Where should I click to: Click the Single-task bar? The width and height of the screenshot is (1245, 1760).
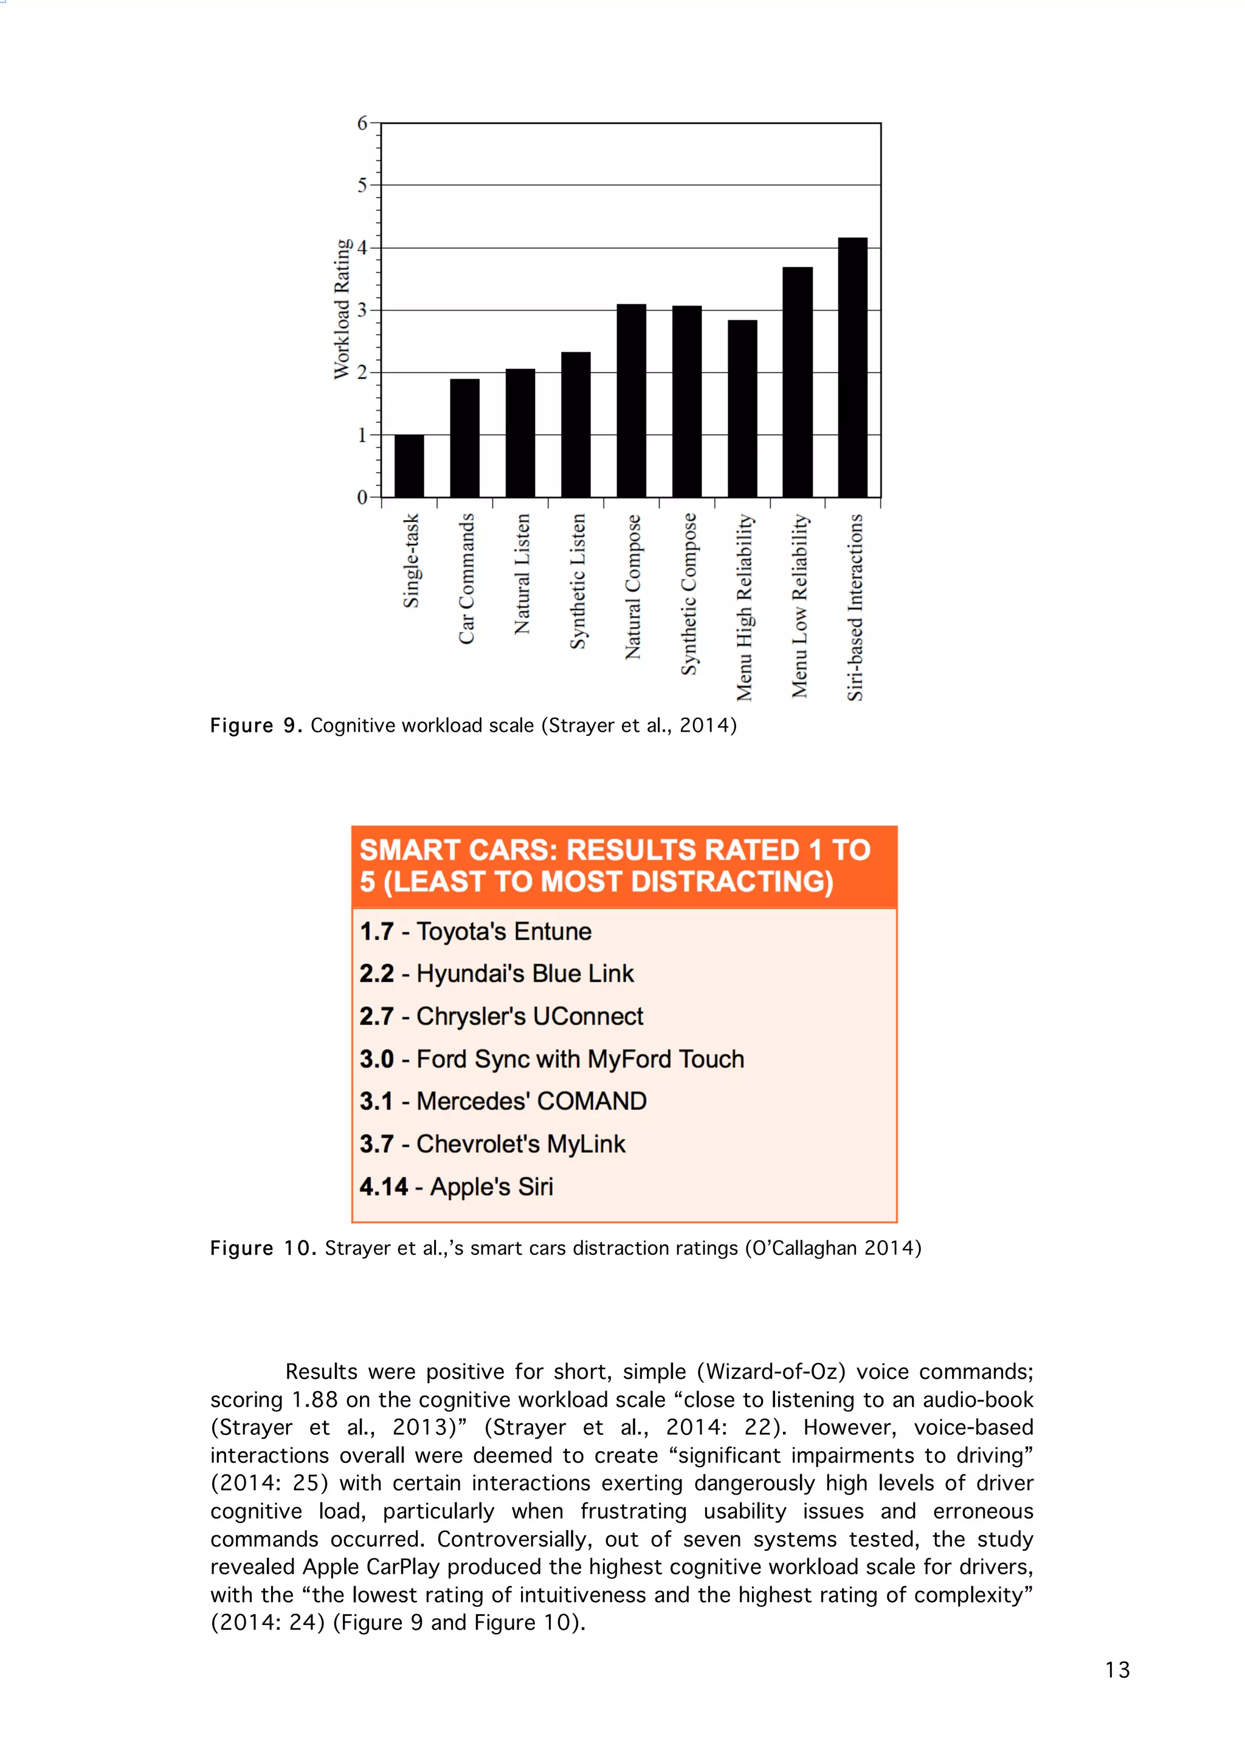click(409, 466)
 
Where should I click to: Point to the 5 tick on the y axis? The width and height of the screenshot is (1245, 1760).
click(362, 185)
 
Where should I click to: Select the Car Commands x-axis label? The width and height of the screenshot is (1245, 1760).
click(466, 579)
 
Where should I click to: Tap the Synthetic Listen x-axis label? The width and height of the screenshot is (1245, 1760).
click(578, 581)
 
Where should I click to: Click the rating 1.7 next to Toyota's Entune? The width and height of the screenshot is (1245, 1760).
click(376, 932)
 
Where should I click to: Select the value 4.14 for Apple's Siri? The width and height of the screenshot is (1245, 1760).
click(384, 1187)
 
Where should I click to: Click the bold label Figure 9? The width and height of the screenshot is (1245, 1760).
click(256, 725)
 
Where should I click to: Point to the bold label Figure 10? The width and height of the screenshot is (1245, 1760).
click(262, 1248)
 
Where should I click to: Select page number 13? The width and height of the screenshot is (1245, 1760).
click(1117, 1669)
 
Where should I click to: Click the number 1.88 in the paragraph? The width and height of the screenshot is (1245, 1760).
click(314, 1400)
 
